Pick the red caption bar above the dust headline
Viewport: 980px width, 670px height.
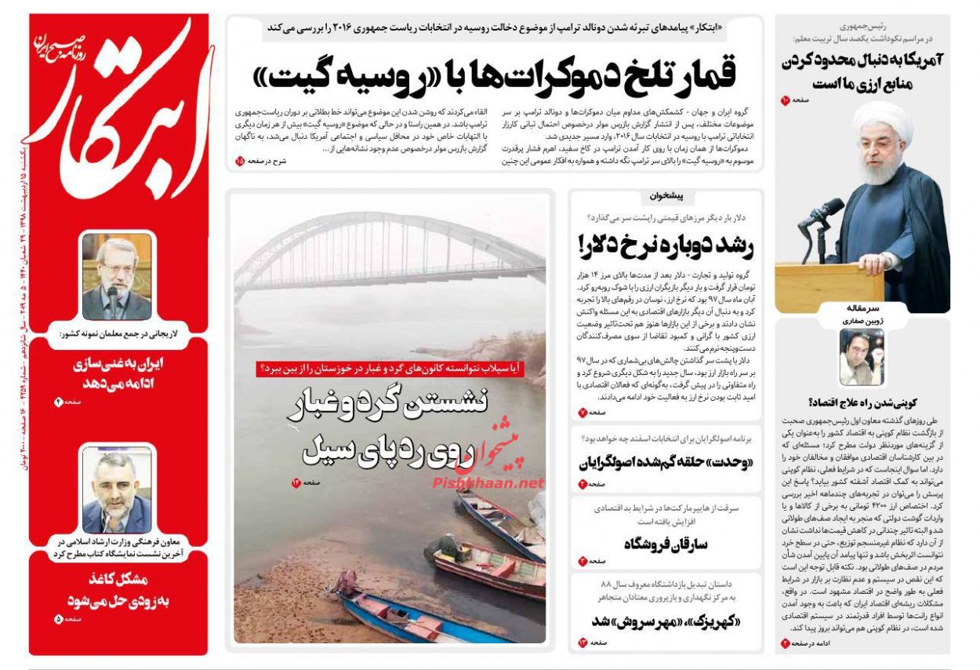[x=390, y=368]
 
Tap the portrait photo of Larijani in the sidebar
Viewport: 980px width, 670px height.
[x=117, y=276]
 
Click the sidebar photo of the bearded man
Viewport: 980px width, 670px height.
[x=117, y=490]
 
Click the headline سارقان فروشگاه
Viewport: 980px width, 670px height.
[x=666, y=544]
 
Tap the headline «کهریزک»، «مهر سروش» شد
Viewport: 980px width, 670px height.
[x=666, y=621]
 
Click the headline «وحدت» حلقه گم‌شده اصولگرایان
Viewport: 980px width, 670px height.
[x=666, y=463]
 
